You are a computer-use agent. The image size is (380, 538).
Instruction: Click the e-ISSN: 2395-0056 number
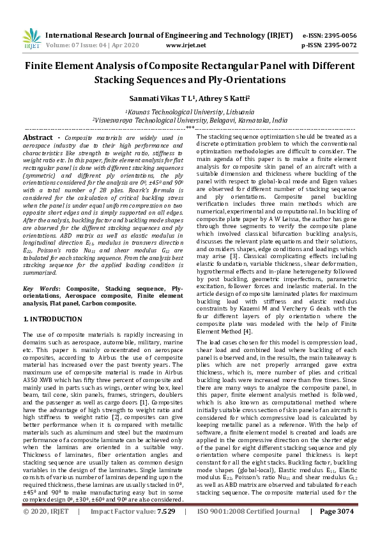click(329, 36)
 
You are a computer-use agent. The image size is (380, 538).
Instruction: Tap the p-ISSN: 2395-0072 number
click(329, 45)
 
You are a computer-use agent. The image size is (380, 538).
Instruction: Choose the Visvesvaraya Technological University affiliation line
click(189, 119)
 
